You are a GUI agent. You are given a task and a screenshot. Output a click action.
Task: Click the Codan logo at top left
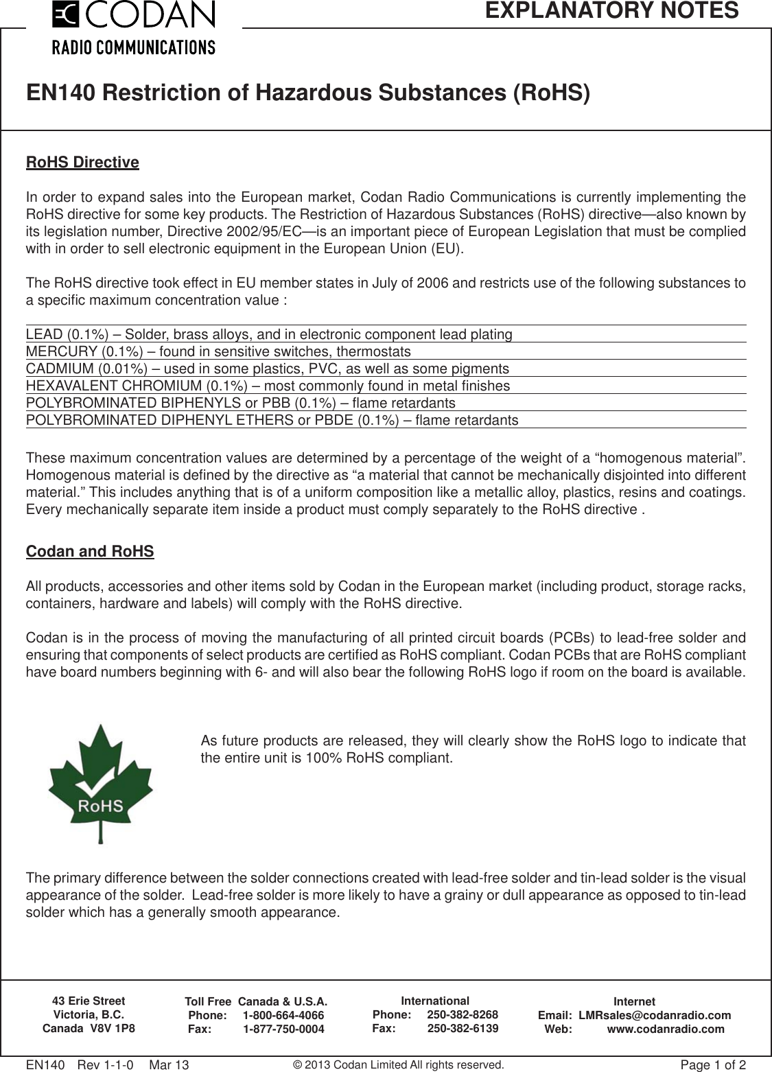[134, 27]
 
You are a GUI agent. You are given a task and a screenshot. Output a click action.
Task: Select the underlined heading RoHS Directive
[82, 163]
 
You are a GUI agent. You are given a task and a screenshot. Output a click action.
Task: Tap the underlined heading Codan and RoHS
[90, 552]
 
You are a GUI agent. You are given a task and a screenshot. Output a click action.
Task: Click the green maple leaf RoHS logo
[100, 782]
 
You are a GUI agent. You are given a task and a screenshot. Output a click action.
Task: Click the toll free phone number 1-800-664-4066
[283, 1015]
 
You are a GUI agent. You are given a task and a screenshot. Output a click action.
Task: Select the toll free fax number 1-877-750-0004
[284, 1029]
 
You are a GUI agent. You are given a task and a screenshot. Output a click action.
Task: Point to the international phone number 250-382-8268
[463, 1014]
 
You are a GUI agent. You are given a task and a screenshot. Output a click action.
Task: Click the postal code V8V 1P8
[112, 1028]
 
